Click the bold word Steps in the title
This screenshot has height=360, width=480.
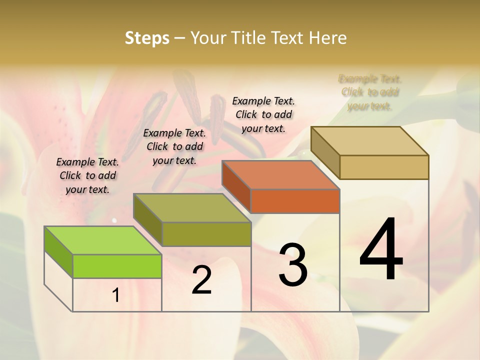tap(147, 38)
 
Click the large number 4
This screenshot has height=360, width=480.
tap(381, 249)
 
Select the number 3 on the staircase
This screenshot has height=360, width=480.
tap(293, 265)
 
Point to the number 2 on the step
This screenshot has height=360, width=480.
tap(201, 280)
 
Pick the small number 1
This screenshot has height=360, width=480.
tap(116, 295)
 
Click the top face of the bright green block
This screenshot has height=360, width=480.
tap(102, 240)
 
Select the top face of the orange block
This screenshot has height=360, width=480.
tap(281, 175)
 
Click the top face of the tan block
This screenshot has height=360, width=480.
tap(370, 141)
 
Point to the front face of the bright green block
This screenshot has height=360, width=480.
tap(117, 266)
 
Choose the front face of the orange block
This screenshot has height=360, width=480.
tap(295, 201)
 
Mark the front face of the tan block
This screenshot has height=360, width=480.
tap(384, 167)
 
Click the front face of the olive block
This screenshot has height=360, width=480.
tap(206, 234)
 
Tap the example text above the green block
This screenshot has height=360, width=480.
tap(87, 175)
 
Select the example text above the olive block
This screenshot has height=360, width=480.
tap(174, 146)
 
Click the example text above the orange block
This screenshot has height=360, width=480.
tap(263, 114)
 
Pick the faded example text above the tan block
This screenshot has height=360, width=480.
tap(370, 92)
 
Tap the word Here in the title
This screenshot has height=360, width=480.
tap(327, 38)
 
